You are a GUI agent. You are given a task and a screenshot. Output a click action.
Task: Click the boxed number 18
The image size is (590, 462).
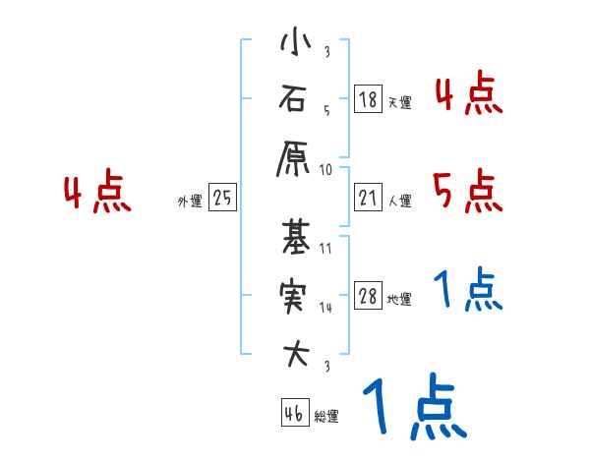click(368, 99)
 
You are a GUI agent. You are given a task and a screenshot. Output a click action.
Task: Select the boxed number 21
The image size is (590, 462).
click(368, 199)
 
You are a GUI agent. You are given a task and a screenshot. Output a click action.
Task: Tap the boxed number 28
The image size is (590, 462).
click(368, 296)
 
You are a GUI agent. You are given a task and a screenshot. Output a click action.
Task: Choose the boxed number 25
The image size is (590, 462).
click(222, 199)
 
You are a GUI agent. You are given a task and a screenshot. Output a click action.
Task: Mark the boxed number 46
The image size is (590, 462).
click(294, 414)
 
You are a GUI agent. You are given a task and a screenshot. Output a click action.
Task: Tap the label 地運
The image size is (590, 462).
click(399, 300)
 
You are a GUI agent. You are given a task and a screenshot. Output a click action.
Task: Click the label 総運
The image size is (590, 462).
click(326, 417)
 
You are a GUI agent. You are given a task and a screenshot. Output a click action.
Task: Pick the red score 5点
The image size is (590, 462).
click(468, 191)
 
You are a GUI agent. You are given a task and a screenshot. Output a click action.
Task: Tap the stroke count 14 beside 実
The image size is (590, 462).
click(325, 308)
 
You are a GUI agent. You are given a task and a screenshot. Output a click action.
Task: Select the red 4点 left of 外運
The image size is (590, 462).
click(97, 194)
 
